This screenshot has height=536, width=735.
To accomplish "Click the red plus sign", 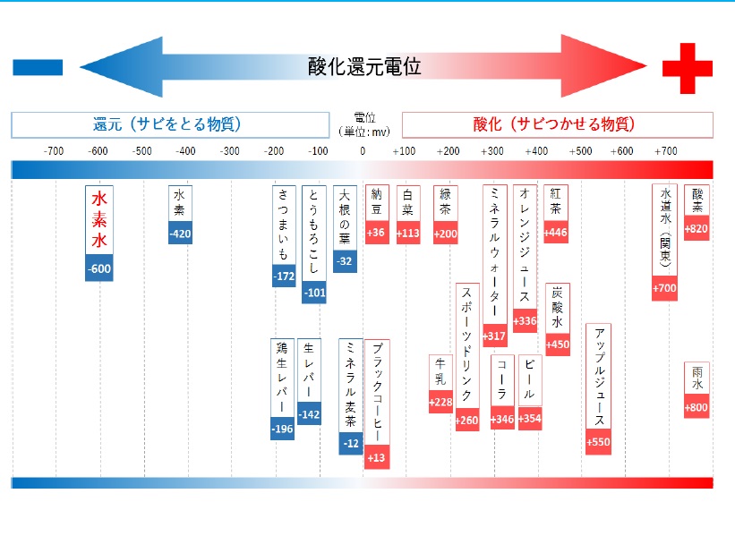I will pyautogui.click(x=687, y=67).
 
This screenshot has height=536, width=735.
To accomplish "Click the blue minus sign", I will pyautogui.click(x=38, y=67).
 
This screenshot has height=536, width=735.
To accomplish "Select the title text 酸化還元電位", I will pyautogui.click(x=363, y=66).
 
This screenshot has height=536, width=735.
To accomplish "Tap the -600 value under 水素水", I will pyautogui.click(x=99, y=268).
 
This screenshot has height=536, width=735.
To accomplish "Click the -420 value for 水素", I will pyautogui.click(x=180, y=234).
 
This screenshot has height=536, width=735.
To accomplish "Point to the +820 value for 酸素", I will pyautogui.click(x=697, y=229).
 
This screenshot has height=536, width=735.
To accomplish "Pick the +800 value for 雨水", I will pyautogui.click(x=697, y=408).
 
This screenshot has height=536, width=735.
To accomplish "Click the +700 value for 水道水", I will pyautogui.click(x=664, y=288).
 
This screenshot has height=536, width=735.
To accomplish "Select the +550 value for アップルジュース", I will pyautogui.click(x=598, y=442).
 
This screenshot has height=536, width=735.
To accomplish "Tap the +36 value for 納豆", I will pyautogui.click(x=376, y=234).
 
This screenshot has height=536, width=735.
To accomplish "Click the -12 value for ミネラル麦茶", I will pyautogui.click(x=351, y=443).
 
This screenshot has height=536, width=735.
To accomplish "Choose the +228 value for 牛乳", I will pyautogui.click(x=440, y=403).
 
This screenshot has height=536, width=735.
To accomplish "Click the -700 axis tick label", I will pyautogui.click(x=55, y=151).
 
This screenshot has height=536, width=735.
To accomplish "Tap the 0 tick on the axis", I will pyautogui.click(x=363, y=151).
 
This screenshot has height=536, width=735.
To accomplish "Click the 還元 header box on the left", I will pyautogui.click(x=168, y=124).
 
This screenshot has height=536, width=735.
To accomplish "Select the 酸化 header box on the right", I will pyautogui.click(x=557, y=124).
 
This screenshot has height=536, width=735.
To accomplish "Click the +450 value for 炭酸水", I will pyautogui.click(x=558, y=345).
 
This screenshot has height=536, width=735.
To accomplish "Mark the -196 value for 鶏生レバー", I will pyautogui.click(x=282, y=430).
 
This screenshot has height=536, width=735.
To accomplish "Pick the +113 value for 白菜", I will pyautogui.click(x=408, y=234).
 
